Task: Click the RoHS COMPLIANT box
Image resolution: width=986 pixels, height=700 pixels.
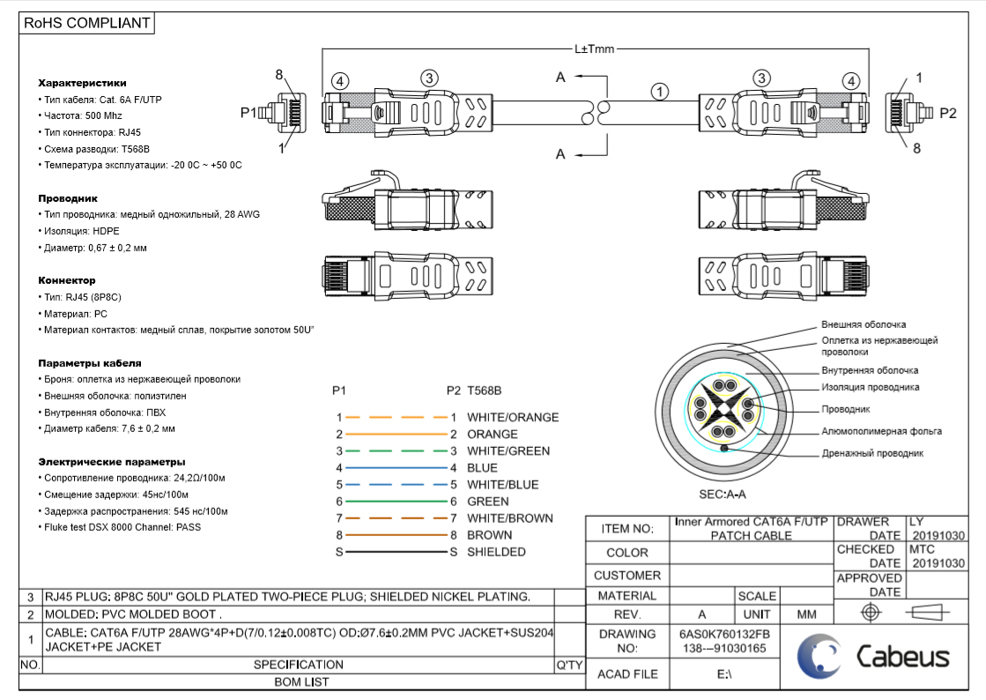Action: [87, 24]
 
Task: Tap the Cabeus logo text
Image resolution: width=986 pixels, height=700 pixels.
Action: [903, 657]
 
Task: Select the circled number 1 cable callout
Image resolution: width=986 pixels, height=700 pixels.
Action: [660, 91]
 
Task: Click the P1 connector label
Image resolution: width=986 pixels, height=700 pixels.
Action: [248, 113]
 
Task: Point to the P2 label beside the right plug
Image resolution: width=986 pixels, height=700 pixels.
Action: [947, 113]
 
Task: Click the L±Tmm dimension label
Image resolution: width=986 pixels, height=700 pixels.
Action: [594, 49]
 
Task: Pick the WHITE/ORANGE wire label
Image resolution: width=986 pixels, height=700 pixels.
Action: [512, 417]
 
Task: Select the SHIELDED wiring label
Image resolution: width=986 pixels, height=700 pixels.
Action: [496, 552]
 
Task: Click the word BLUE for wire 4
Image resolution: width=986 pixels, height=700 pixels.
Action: [482, 468]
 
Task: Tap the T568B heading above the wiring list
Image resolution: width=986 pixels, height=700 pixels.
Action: [484, 390]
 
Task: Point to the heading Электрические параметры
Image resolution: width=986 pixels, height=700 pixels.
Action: [112, 461]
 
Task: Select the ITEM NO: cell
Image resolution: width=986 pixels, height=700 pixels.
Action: [627, 529]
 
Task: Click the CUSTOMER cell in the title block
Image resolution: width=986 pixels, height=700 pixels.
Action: [627, 575]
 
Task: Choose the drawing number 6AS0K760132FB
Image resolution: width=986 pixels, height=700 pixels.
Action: [724, 634]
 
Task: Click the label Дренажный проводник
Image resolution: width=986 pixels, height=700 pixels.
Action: [872, 453]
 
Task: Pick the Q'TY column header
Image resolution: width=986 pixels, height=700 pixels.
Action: [569, 665]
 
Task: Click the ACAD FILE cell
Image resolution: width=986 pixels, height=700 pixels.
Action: [627, 674]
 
